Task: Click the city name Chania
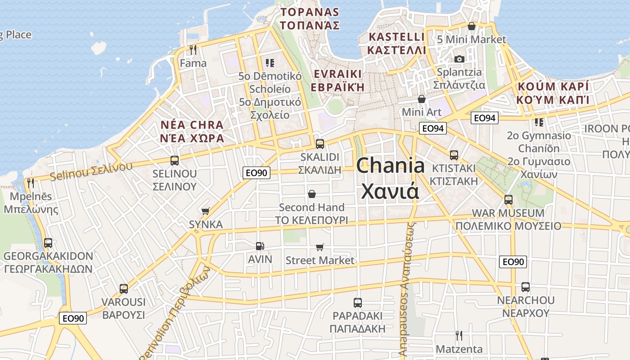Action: coord(390,166)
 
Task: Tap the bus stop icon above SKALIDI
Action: coord(320,144)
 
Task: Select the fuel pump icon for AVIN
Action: coord(260,246)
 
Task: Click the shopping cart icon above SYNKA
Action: coord(206,211)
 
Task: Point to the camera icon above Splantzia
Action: coord(459,59)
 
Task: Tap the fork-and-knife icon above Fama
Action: coord(193,49)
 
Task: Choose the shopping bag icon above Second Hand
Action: coord(311,194)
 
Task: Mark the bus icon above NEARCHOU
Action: coord(525,287)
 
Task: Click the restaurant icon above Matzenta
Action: coord(459,335)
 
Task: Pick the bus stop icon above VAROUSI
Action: coord(124,289)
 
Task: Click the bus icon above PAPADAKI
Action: coord(358,303)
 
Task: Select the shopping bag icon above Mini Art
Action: coord(422,99)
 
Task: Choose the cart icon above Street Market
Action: coord(320,247)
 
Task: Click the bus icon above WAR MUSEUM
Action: coord(508,200)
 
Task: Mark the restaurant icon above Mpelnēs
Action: coord(31,183)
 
